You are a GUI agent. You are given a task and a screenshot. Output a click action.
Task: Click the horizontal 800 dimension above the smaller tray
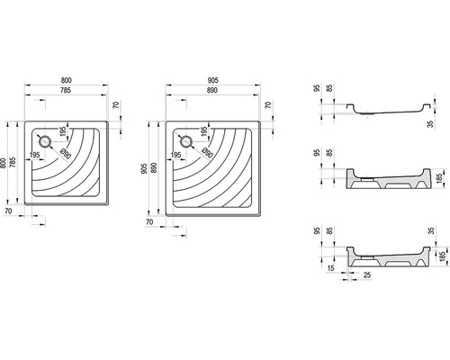click(x=67, y=80)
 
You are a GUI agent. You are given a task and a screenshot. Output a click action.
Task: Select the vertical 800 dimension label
click(x=4, y=163)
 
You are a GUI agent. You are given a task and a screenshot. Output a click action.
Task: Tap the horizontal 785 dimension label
click(x=66, y=90)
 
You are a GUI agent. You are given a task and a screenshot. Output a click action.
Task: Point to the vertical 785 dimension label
click(x=13, y=162)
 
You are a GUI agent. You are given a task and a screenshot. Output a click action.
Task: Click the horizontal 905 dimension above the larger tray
click(x=212, y=80)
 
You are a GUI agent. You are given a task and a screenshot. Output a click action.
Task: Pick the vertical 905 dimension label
click(x=144, y=169)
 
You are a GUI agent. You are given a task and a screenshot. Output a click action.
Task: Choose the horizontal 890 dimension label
click(x=212, y=90)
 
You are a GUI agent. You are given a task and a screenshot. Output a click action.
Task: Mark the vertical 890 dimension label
click(x=154, y=168)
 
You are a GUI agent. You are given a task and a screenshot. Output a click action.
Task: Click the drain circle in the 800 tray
click(x=45, y=141)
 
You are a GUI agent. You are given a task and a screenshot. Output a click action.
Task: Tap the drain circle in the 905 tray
click(x=186, y=141)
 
